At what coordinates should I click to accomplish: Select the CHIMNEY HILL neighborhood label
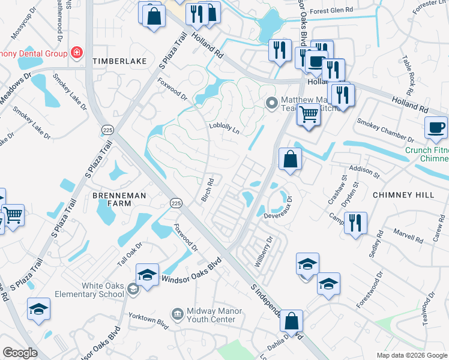point(399,195)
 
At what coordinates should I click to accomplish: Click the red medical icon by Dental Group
point(77,53)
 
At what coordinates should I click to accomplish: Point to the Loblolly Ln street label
point(224,127)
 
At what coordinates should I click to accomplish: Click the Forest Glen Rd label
point(331,10)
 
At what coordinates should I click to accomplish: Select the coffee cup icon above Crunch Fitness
point(436,127)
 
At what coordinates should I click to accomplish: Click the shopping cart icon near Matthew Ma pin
point(309,113)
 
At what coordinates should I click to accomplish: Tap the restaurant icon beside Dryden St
point(356,223)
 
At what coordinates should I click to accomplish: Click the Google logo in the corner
point(20,353)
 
